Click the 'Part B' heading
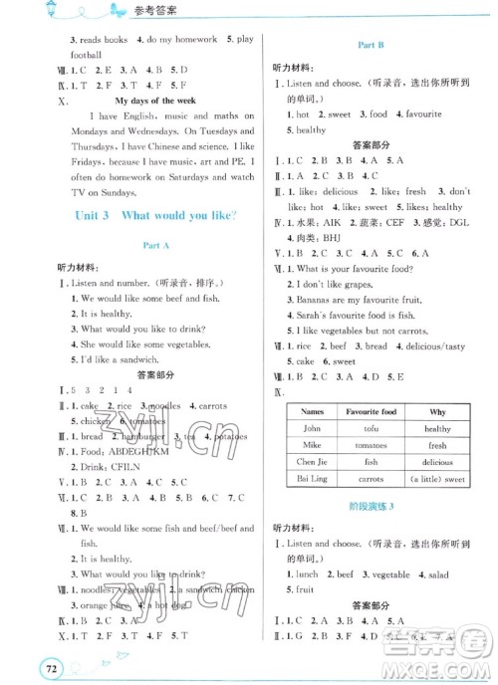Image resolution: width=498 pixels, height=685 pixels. (x=372, y=46)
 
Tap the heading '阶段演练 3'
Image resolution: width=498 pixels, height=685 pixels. (x=372, y=532)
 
